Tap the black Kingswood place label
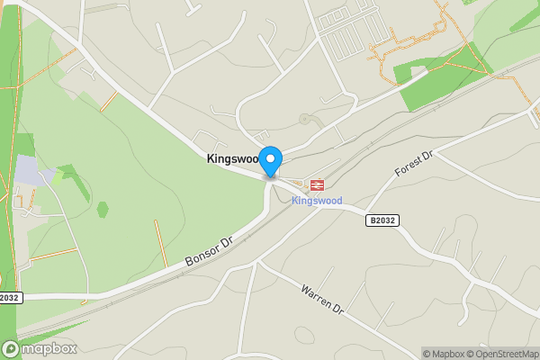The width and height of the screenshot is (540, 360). [232, 158]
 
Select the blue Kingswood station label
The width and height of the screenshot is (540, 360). [317, 200]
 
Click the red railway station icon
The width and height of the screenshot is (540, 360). [316, 184]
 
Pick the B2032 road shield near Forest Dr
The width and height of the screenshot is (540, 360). [382, 220]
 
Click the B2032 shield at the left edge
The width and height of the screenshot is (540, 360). [9, 297]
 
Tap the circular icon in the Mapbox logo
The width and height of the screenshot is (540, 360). [11, 348]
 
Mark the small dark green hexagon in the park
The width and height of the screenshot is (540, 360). [103, 210]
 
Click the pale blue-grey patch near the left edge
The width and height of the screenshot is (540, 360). [27, 171]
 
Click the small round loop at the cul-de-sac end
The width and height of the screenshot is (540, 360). [305, 118]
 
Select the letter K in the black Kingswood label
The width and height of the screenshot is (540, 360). [211, 158]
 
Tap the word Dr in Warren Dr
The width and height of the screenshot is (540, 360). [338, 310]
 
